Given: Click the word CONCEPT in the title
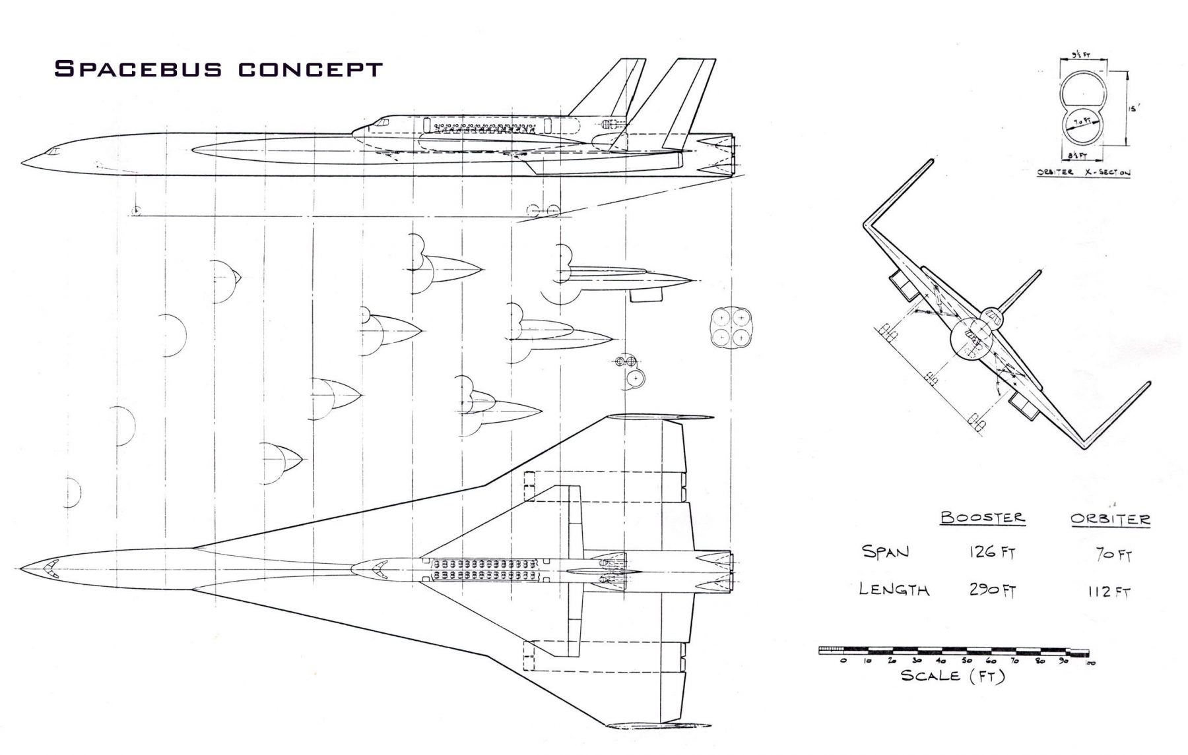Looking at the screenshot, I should coord(310,69).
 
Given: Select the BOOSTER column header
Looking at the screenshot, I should coord(983,518).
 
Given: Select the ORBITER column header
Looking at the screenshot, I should coord(1110,520).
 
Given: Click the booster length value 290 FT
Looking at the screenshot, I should coord(991,590).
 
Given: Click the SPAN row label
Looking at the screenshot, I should coord(885,551).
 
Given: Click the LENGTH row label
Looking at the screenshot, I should coord(894,589).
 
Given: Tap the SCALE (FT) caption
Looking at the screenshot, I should coord(952,676).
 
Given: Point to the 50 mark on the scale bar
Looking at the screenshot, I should coord(966,661).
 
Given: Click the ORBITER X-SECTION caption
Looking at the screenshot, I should coord(1082,173).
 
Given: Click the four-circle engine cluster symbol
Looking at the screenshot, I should coord(733,328).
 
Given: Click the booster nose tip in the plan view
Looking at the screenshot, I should coord(22,567).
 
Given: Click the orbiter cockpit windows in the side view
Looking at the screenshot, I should coord(381,122).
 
